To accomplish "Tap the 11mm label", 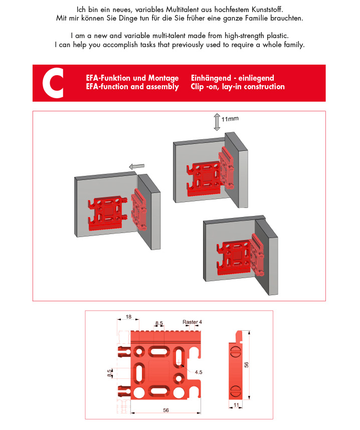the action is pos(230,119).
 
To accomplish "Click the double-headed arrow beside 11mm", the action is pos(217,122).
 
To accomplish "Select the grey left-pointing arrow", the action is pos(137,166).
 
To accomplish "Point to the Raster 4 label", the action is pos(192,322).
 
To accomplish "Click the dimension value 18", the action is pos(128,317).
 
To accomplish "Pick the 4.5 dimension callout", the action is pos(199,372).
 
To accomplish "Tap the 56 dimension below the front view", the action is pos(166,410).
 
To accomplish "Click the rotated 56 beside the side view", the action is pos(246,365).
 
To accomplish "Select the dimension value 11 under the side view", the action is pos(236,405).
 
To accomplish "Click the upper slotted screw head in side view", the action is pos(236,352).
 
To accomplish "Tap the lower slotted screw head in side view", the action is pos(235,390).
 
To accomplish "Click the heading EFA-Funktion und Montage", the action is pos(132,78).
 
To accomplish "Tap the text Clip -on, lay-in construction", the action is pos(238,87).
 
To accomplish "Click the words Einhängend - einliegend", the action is pos(233,78).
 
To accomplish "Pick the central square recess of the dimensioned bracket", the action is pos(159,371).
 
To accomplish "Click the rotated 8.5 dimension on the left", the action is pos(109,373).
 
